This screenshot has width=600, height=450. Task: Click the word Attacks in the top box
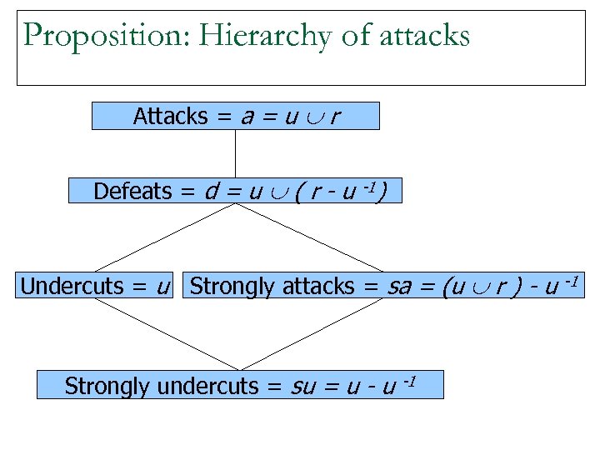coord(170,117)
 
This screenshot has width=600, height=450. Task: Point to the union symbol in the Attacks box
coord(308,117)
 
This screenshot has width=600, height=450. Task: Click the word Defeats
coord(132,192)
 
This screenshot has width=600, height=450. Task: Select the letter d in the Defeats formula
coord(211,192)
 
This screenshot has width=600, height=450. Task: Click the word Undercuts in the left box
coord(72,287)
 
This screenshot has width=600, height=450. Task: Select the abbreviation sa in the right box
coord(398,287)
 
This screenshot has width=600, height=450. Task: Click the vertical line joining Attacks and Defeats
coord(235,154)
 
